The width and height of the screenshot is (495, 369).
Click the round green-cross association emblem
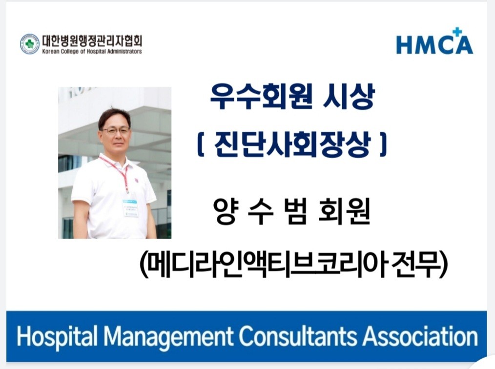point(30,44)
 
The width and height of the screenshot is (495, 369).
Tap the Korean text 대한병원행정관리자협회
point(92,41)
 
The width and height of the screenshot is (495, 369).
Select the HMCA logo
point(434,41)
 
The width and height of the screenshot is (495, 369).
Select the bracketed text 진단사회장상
point(291,144)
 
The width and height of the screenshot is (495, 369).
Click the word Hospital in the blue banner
point(57,337)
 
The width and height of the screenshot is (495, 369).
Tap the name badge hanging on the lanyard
point(130,208)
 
